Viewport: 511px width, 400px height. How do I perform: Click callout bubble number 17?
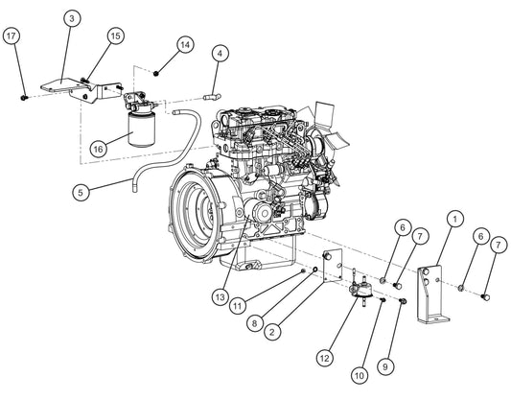[12, 36]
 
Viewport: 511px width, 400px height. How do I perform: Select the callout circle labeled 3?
[74, 18]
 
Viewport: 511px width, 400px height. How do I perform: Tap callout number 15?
[114, 35]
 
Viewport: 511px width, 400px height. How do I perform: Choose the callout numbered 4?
[220, 53]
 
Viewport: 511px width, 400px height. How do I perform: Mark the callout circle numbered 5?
[82, 192]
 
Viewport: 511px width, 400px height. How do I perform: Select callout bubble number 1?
[453, 219]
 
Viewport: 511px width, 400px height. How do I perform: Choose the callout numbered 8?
[254, 324]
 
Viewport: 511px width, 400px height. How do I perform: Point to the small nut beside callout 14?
[157, 72]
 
